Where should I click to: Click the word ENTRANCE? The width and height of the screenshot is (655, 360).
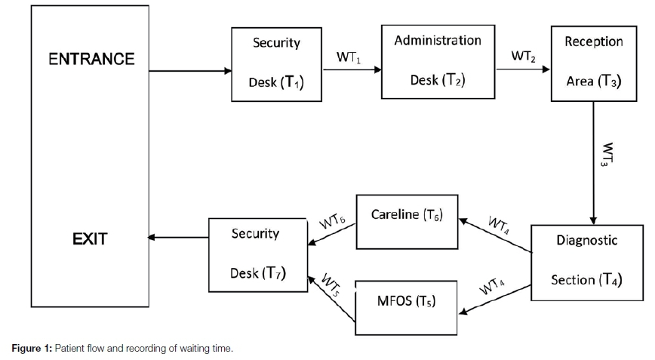[91, 59]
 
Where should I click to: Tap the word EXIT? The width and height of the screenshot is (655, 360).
[90, 239]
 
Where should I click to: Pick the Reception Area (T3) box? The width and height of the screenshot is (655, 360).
[594, 61]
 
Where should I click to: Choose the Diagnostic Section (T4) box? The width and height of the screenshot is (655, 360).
[586, 260]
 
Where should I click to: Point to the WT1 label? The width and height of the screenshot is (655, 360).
[352, 57]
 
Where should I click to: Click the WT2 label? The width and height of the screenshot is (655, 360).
[524, 56]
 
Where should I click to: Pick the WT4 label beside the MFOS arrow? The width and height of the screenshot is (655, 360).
[492, 288]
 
